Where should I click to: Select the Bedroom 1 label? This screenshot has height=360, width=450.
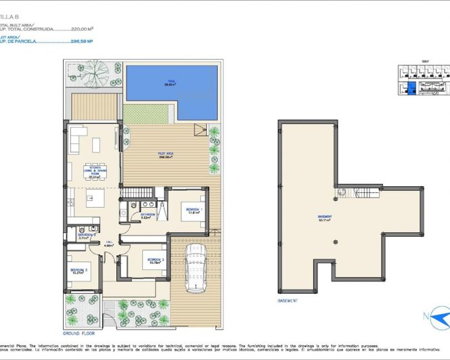pos(194,212)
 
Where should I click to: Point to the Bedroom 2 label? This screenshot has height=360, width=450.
pos(156,261)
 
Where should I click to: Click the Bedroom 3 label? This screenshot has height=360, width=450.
pos(78,271)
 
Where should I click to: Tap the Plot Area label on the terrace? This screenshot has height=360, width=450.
pos(165,155)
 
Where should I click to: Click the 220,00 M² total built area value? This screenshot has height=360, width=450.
pos(82,29)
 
